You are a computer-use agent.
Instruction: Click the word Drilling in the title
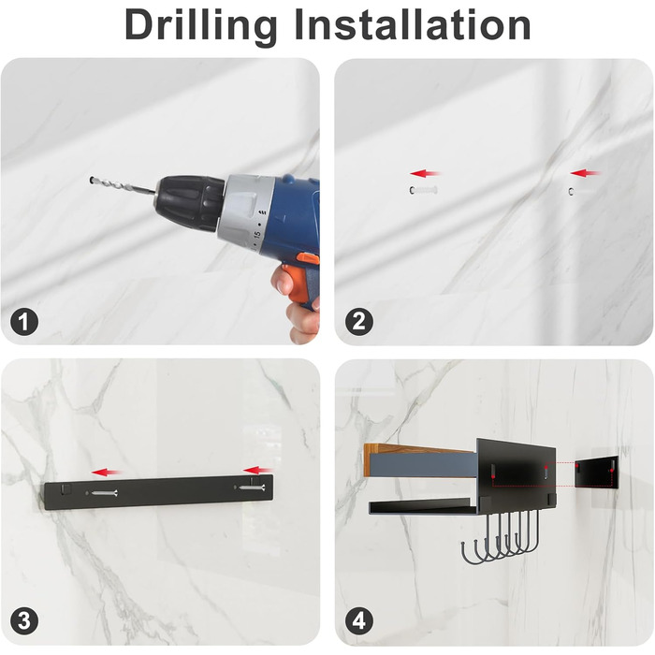200,25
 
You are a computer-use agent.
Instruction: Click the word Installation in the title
413,24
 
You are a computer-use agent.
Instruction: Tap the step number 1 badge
24,322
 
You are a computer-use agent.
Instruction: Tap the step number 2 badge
359,322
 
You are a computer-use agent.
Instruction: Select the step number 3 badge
24,620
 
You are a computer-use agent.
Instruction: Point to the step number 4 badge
359,620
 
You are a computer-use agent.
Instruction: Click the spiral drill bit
123,186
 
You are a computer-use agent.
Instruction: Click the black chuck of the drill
189,203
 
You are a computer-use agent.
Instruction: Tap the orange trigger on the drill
308,258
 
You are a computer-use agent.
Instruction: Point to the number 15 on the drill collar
257,235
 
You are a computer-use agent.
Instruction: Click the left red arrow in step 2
425,173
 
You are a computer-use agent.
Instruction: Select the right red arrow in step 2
585,172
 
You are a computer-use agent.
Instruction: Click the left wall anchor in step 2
423,191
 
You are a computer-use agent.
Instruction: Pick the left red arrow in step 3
107,473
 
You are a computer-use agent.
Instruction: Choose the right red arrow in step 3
257,471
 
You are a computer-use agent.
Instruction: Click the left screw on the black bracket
104,493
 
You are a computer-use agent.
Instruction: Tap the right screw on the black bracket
252,488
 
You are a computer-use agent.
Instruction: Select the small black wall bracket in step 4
597,472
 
